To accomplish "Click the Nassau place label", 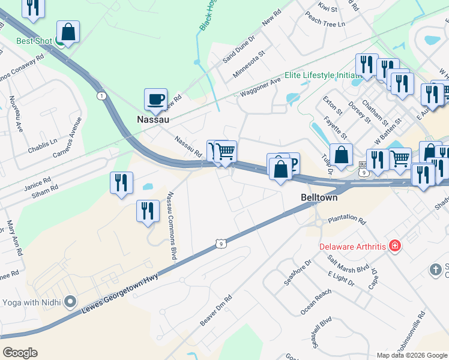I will point(153,119).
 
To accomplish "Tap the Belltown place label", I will point(319,197).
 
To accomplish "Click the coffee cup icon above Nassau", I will point(156,99).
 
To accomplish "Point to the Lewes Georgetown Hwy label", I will point(123,293).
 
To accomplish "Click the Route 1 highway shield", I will point(102,96).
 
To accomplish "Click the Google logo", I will point(20,353).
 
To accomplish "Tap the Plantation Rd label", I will point(346,220).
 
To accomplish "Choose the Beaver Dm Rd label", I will point(216,311).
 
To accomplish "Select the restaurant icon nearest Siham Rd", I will point(121,182).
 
